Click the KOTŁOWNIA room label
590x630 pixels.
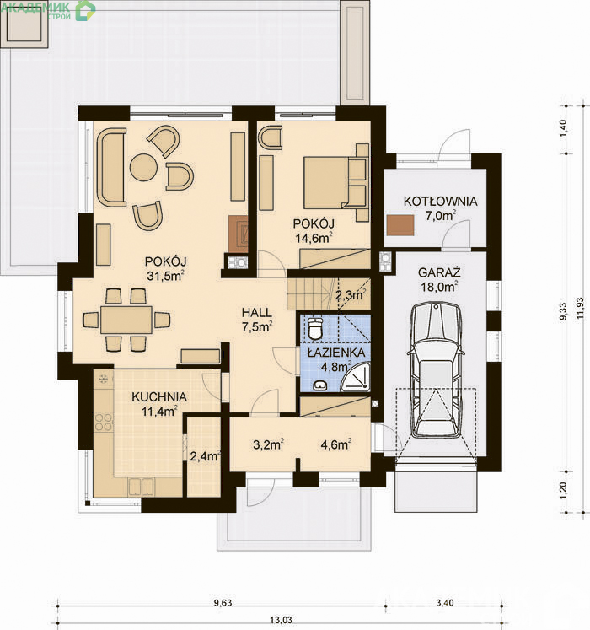pyautogui.click(x=441, y=201)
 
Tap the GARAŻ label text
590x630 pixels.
pyautogui.click(x=439, y=272)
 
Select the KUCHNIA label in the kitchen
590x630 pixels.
pyautogui.click(x=159, y=397)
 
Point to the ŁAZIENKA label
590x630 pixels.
pyautogui.click(x=336, y=353)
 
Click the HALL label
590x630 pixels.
pyautogui.click(x=256, y=313)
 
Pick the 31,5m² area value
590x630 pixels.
pyautogui.click(x=165, y=276)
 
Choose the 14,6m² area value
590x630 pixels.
pyautogui.click(x=314, y=238)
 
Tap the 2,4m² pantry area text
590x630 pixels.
pyautogui.click(x=205, y=456)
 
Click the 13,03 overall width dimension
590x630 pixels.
pyautogui.click(x=282, y=620)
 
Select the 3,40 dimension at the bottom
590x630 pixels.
pyautogui.click(x=445, y=603)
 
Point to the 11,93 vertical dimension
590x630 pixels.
pyautogui.click(x=580, y=308)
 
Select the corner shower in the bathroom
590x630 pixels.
pyautogui.click(x=355, y=376)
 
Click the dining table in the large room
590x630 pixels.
pyautogui.click(x=126, y=320)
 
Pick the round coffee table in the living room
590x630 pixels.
pyautogui.click(x=143, y=168)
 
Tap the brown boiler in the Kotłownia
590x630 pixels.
pyautogui.click(x=400, y=225)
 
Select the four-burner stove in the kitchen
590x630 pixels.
pyautogui.click(x=103, y=423)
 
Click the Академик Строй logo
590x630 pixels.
pyautogui.click(x=48, y=10)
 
